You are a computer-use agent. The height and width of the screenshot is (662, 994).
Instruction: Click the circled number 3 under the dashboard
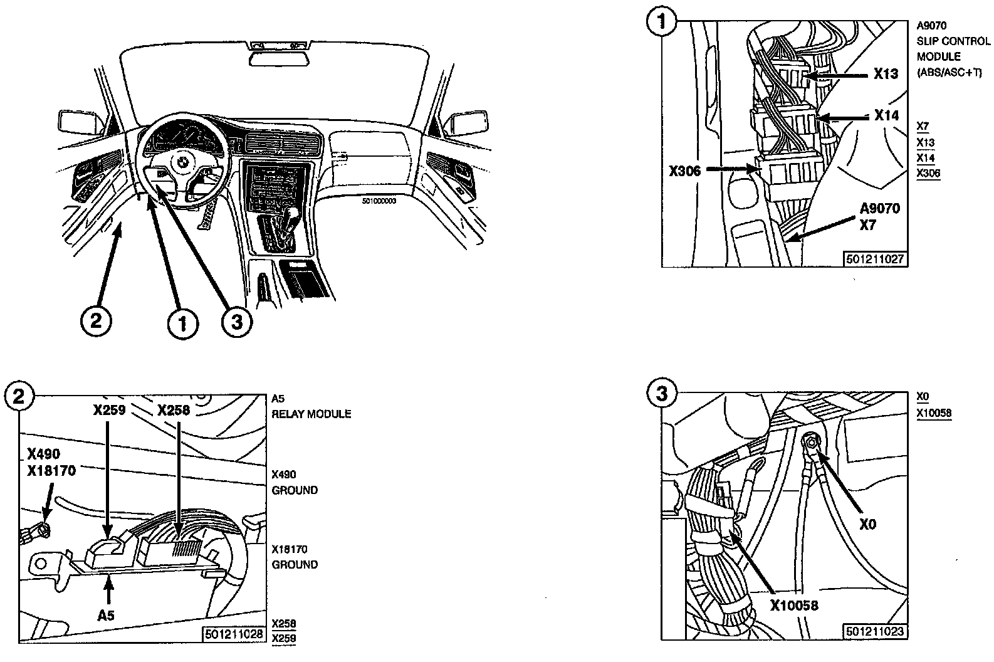pyautogui.click(x=236, y=322)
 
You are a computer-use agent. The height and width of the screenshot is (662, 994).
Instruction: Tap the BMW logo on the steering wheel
pyautogui.click(x=182, y=161)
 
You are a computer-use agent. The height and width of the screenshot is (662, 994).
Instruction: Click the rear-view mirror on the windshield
pyautogui.click(x=278, y=58)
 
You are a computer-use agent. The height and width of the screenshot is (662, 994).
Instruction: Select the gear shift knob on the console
pyautogui.click(x=292, y=217)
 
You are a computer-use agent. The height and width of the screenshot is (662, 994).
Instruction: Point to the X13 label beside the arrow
pyautogui.click(x=886, y=74)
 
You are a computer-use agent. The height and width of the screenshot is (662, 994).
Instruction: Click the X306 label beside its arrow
pyautogui.click(x=684, y=170)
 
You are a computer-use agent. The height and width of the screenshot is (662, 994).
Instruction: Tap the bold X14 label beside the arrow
pyautogui.click(x=886, y=115)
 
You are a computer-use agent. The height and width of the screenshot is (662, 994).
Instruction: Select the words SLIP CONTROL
pyautogui.click(x=953, y=41)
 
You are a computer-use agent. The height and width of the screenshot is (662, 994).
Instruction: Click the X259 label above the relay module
pyautogui.click(x=110, y=411)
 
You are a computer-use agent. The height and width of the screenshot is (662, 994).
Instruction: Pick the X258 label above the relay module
pyautogui.click(x=174, y=411)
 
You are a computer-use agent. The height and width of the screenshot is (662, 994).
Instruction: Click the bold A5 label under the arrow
pyautogui.click(x=106, y=616)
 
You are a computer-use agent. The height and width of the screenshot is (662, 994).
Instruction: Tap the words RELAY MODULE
pyautogui.click(x=311, y=414)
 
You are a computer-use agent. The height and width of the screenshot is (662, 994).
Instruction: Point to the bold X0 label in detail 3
pyautogui.click(x=867, y=524)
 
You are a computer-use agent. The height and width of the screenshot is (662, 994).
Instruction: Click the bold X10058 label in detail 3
pyautogui.click(x=794, y=606)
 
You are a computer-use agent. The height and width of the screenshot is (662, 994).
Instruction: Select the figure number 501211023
pyautogui.click(x=875, y=631)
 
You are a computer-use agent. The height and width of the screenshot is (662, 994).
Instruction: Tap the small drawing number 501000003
pyautogui.click(x=380, y=202)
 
